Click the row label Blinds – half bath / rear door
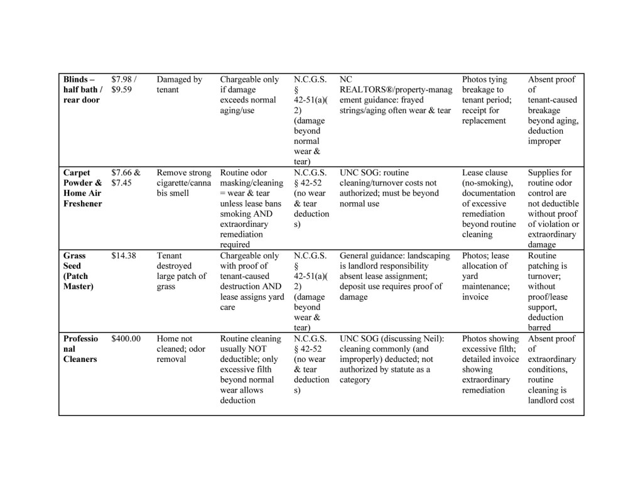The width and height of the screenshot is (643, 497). pyautogui.click(x=82, y=90)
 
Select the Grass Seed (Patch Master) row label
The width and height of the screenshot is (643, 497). pyautogui.click(x=76, y=271)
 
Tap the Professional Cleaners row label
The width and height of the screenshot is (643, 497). pyautogui.click(x=81, y=349)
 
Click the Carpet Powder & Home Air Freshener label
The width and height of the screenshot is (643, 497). pyautogui.click(x=82, y=188)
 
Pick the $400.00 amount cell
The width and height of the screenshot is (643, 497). pyautogui.click(x=126, y=339)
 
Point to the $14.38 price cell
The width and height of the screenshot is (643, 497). pyautogui.click(x=124, y=256)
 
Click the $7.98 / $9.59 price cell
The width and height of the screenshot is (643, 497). pyautogui.click(x=124, y=85)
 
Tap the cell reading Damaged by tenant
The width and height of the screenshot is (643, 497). pyautogui.click(x=179, y=85)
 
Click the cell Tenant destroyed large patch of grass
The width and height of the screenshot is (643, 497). pyautogui.click(x=181, y=271)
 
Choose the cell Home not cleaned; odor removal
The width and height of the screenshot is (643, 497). pyautogui.click(x=175, y=349)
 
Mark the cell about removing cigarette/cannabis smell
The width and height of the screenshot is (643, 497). pyautogui.click(x=184, y=183)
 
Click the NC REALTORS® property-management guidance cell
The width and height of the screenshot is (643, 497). pyautogui.click(x=395, y=95)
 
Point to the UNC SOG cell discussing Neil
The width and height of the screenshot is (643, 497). pyautogui.click(x=392, y=359)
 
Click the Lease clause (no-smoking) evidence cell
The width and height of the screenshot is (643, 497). pyautogui.click(x=489, y=203)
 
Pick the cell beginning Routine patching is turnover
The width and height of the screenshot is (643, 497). pyautogui.click(x=551, y=292)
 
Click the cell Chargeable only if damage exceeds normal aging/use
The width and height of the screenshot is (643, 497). pyautogui.click(x=249, y=95)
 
